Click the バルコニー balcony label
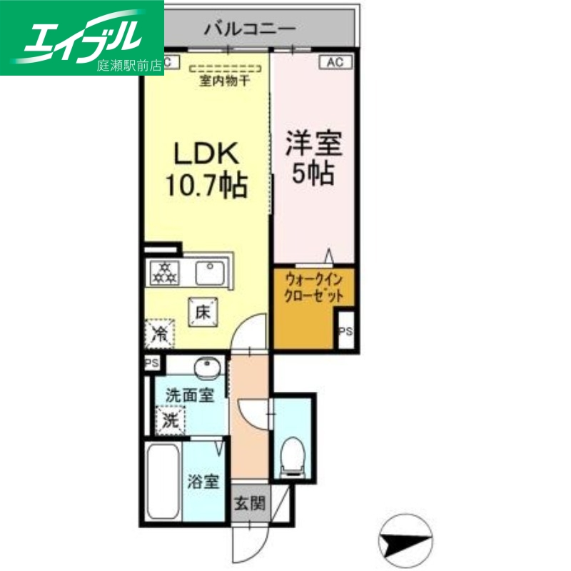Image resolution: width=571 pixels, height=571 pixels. point(250,29)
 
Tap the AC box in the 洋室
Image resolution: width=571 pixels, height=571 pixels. point(335,62)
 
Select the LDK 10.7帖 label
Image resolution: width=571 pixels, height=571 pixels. point(206,169)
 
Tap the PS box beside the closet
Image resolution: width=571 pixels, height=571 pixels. point(345,331)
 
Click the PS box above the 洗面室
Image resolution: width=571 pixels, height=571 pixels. point(151,363)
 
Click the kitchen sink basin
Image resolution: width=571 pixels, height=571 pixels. point(210,271)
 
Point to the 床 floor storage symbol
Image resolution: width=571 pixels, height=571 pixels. point(203,310)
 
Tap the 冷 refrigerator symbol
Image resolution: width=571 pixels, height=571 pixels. point(160,333)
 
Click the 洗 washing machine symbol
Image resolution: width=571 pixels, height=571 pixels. point(170,419)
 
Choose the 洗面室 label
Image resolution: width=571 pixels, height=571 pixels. point(189,395)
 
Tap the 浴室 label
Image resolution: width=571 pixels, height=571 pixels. point(203,482)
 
